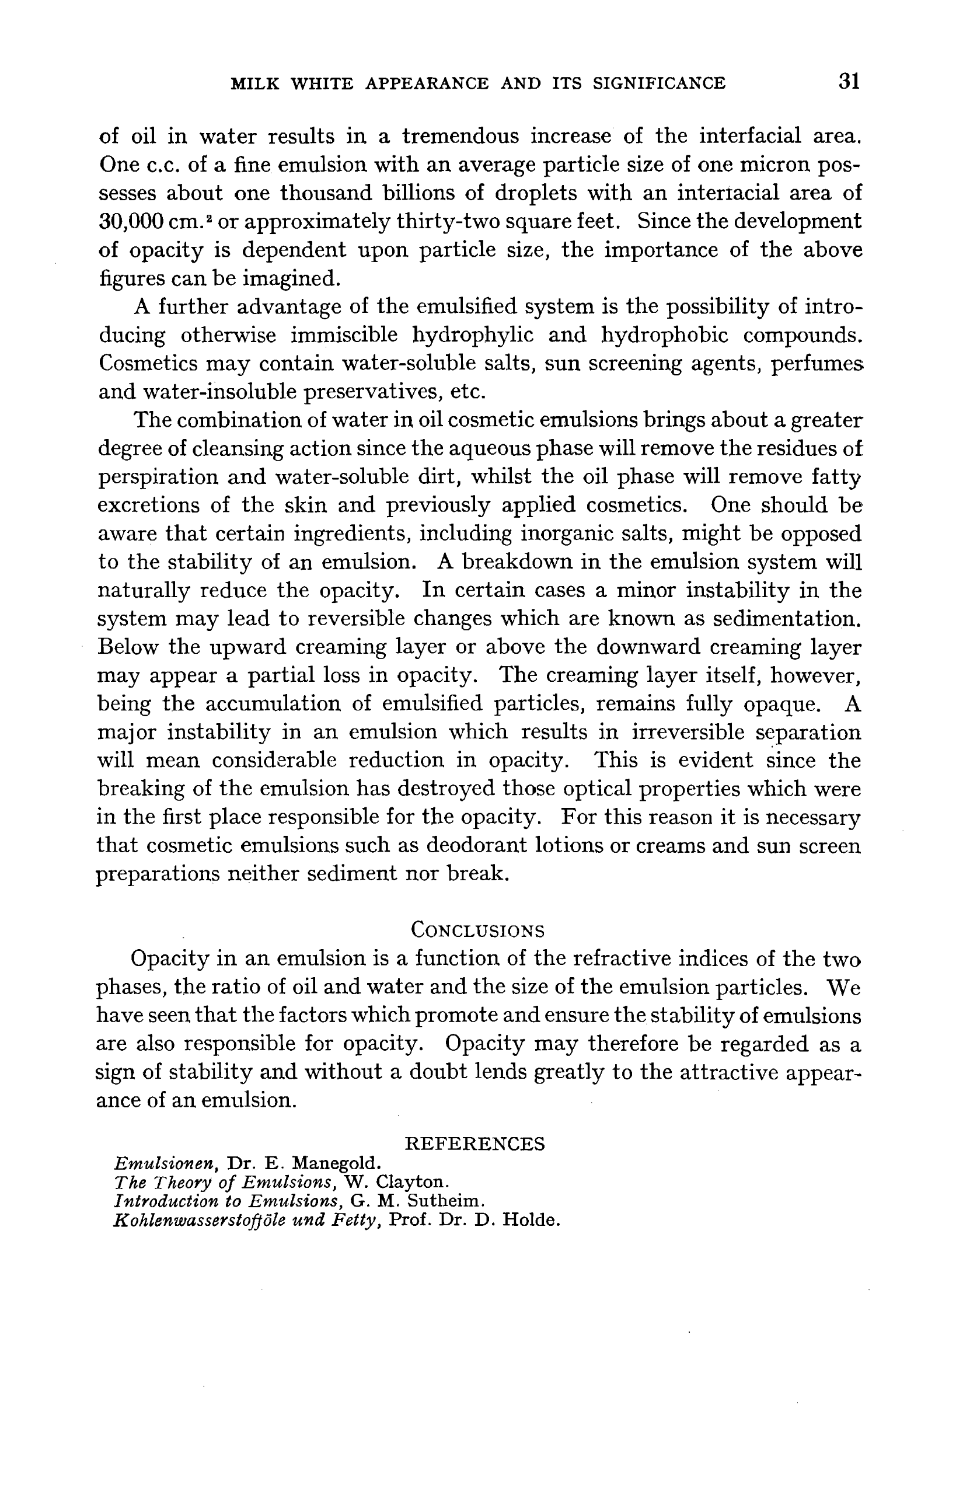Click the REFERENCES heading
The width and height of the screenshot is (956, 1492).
pyautogui.click(x=475, y=1144)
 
